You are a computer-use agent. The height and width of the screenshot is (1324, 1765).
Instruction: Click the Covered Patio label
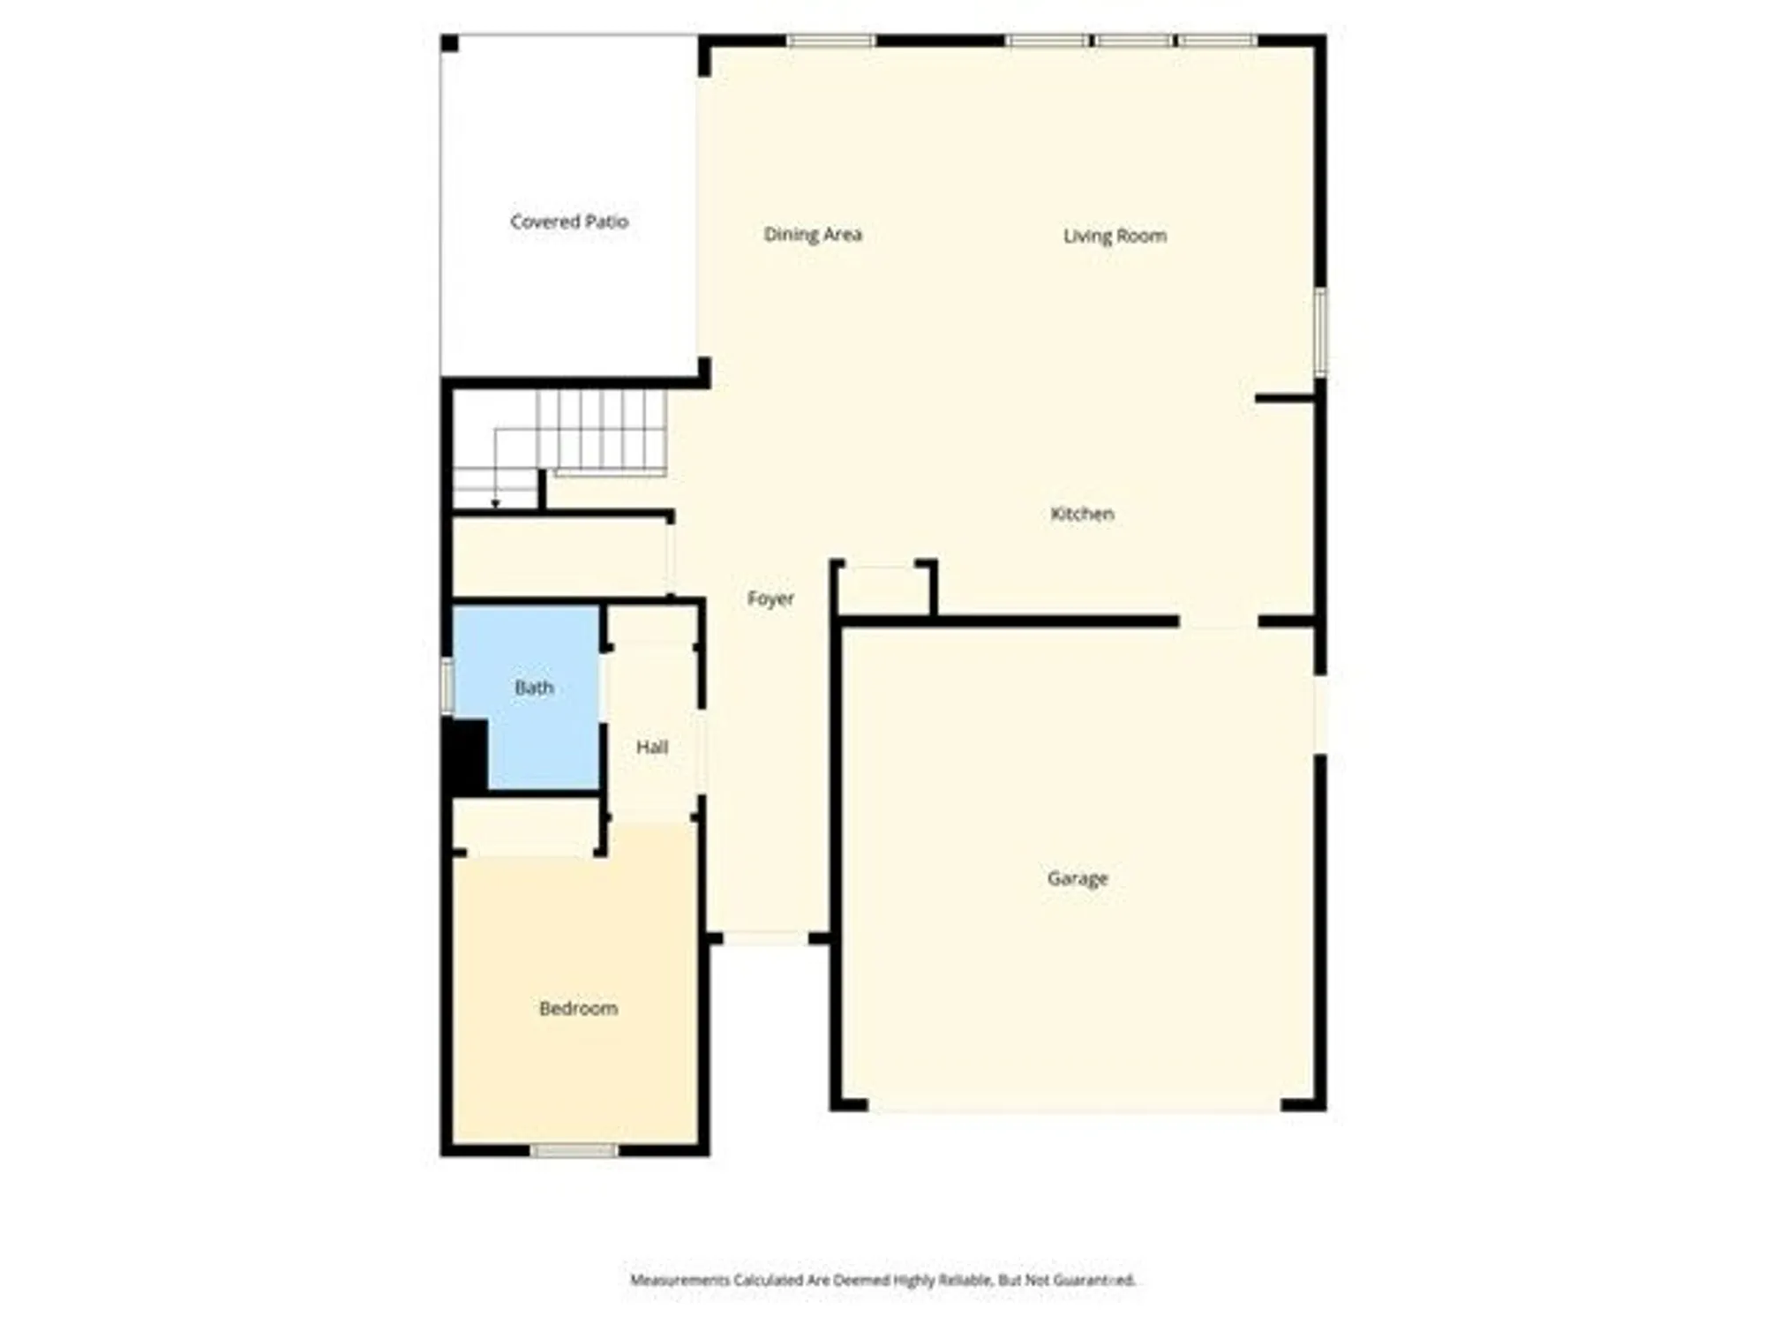tap(569, 222)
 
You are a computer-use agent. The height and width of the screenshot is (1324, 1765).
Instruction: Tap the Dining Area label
tap(812, 235)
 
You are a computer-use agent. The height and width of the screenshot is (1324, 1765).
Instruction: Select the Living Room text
tap(1115, 236)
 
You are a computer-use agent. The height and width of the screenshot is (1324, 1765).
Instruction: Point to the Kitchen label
tap(1082, 514)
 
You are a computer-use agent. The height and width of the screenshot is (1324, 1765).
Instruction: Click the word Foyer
tap(770, 599)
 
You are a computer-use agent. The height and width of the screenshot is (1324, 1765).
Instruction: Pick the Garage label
tap(1077, 878)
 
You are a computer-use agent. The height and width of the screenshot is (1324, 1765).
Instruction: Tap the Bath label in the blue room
tap(534, 688)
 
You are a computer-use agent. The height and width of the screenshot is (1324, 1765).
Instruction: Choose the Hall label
tap(652, 748)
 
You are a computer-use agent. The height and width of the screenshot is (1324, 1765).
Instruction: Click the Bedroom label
tap(578, 1008)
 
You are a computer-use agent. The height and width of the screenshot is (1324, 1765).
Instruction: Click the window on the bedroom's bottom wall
tap(574, 1150)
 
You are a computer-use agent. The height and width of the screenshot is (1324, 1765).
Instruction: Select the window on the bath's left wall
tap(447, 686)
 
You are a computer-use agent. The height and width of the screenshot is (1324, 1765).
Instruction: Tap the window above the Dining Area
tap(830, 41)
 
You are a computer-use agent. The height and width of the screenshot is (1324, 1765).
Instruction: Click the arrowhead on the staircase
tap(496, 504)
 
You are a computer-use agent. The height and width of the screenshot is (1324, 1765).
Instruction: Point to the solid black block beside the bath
tap(465, 756)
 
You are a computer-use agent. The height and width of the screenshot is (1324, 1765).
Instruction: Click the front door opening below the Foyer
tap(765, 938)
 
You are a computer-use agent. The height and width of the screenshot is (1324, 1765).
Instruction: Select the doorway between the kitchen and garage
tap(1218, 622)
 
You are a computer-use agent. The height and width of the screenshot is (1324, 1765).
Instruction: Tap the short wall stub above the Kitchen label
tap(1285, 399)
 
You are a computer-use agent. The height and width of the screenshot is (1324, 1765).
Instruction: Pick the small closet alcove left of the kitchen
tap(882, 590)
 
